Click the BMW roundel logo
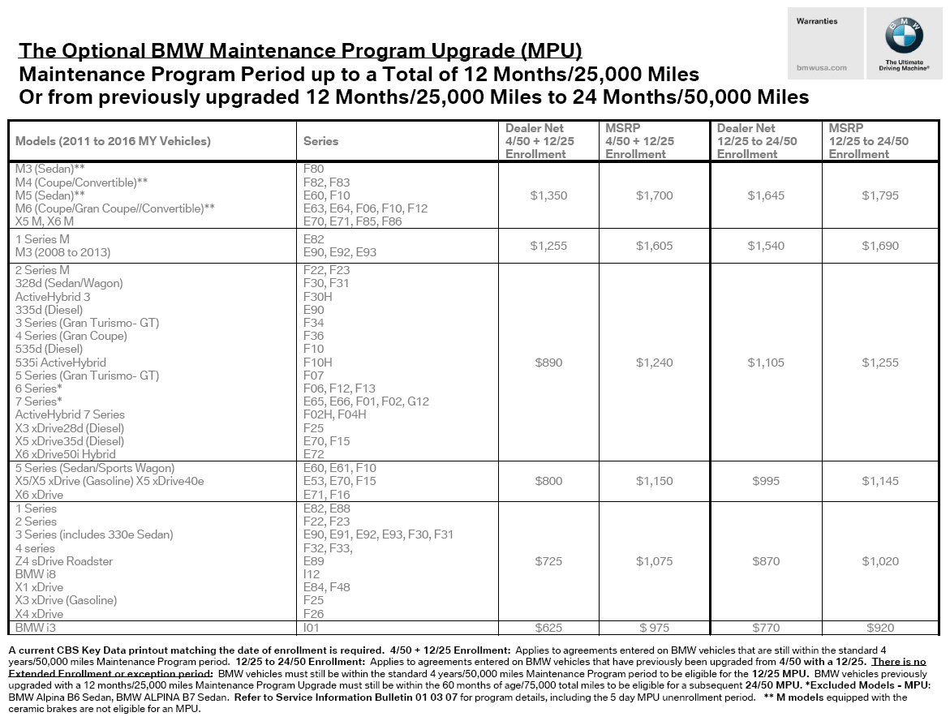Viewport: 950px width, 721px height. pos(904,36)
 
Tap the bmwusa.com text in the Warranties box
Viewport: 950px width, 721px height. pos(821,67)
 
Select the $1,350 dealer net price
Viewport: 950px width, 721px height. pos(548,195)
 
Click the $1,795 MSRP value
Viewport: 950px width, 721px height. pos(880,195)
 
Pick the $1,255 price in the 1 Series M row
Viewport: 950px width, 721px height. pos(548,246)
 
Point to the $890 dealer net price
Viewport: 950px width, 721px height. pos(548,363)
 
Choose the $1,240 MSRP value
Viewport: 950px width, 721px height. pos(654,363)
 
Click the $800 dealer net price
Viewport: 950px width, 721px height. pos(548,481)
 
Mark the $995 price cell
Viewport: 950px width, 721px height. pos(766,481)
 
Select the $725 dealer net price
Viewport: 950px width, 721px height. pos(548,561)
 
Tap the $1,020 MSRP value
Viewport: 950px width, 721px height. pos(880,561)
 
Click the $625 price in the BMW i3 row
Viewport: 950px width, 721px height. pos(548,628)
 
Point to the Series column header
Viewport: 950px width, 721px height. pos(320,141)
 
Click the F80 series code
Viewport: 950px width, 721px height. pos(313,170)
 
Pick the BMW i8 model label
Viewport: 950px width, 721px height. pos(36,574)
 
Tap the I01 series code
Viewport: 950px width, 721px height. pos(311,628)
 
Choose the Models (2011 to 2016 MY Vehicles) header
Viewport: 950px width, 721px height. pos(113,141)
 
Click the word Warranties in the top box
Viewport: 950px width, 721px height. pos(818,21)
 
